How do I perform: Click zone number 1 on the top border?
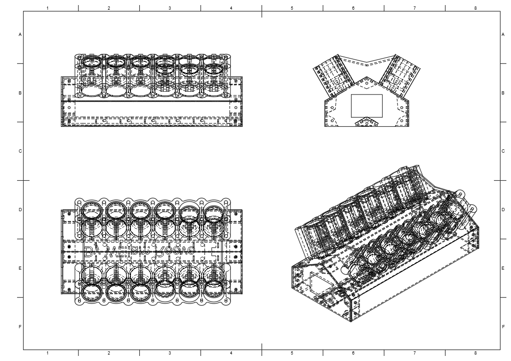click(48, 8)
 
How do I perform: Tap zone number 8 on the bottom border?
click(475, 353)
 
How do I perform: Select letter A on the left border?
click(20, 35)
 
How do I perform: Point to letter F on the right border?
click(503, 326)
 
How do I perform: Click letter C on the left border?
click(20, 151)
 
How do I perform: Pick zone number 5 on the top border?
click(292, 8)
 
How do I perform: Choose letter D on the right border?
click(503, 210)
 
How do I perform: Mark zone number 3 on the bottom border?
click(170, 353)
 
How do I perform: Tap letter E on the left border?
click(20, 268)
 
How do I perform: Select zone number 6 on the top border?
click(353, 8)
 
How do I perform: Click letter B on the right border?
click(503, 93)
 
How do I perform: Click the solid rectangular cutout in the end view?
click(367, 106)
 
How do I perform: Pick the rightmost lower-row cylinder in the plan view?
click(213, 289)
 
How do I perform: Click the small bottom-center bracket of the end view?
click(367, 122)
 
